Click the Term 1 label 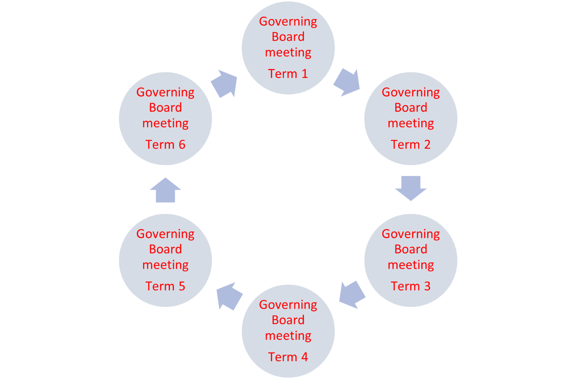pyautogui.click(x=288, y=74)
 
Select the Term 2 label pyautogui.click(x=411, y=144)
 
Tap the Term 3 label pyautogui.click(x=411, y=286)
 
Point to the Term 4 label pyautogui.click(x=288, y=357)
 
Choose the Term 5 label pyautogui.click(x=165, y=286)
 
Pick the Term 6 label pyautogui.click(x=165, y=144)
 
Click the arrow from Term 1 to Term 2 pyautogui.click(x=347, y=83)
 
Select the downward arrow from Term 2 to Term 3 pyautogui.click(x=411, y=189)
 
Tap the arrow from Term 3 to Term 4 pyautogui.click(x=352, y=295)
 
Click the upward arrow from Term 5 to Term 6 pyautogui.click(x=165, y=190)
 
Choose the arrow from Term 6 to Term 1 pyautogui.click(x=224, y=84)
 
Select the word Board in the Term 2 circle pyautogui.click(x=411, y=107)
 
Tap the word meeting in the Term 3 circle pyautogui.click(x=411, y=265)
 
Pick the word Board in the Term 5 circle pyautogui.click(x=165, y=249)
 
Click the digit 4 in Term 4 pyautogui.click(x=304, y=357)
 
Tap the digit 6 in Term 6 pyautogui.click(x=182, y=144)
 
